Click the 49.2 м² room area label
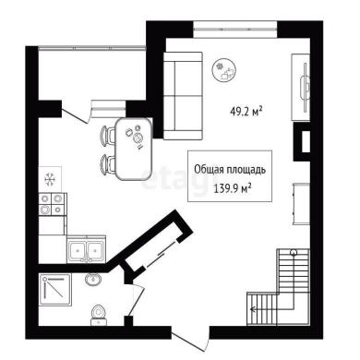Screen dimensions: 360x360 [x=246, y=112]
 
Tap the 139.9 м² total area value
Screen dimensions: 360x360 [x=232, y=188]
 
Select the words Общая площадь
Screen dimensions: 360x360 [x=230, y=170]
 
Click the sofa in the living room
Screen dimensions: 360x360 [x=183, y=96]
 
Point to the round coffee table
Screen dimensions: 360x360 [x=224, y=70]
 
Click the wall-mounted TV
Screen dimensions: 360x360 [x=305, y=88]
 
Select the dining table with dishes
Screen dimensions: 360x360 [x=134, y=149]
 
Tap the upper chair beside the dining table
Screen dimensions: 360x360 [x=107, y=136]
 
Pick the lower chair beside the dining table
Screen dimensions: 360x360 [x=107, y=164]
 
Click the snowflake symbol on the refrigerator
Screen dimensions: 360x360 [x=49, y=179]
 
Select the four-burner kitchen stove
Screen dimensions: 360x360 [x=53, y=204]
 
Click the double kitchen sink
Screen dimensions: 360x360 [x=87, y=249]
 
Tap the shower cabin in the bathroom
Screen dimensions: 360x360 [x=55, y=290]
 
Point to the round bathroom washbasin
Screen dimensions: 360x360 [x=92, y=280]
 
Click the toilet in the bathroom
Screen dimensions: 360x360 [x=99, y=315]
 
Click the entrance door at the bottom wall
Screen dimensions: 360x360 [x=189, y=341]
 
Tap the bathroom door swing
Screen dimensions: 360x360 [x=136, y=299]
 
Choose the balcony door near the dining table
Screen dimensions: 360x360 [x=77, y=114]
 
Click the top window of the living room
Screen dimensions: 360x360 [x=235, y=30]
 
